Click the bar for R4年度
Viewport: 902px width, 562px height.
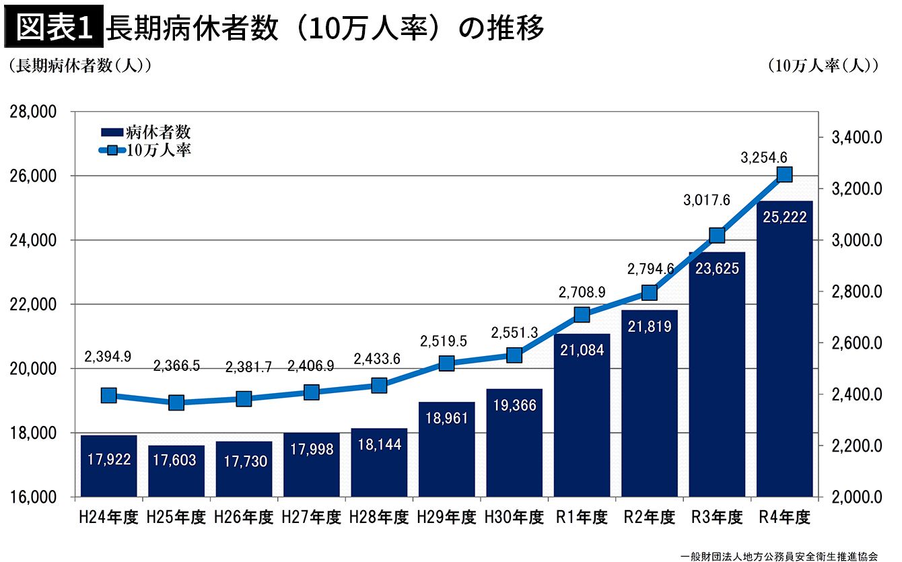pyautogui.click(x=784, y=349)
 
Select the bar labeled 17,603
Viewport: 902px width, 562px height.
pyautogui.click(x=176, y=471)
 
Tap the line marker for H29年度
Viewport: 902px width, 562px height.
pyautogui.click(x=446, y=363)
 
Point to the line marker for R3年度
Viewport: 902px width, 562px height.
pyautogui.click(x=717, y=235)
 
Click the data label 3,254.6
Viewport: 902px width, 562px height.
pyautogui.click(x=763, y=157)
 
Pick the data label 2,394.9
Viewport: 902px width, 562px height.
pyautogui.click(x=108, y=356)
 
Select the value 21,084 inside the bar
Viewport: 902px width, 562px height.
pyautogui.click(x=582, y=350)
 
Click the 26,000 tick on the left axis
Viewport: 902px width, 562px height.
pyautogui.click(x=33, y=176)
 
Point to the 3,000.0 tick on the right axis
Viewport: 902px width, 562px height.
pyautogui.click(x=857, y=240)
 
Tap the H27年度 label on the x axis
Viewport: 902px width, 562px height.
pyautogui.click(x=311, y=518)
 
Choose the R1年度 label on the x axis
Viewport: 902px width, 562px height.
pyautogui.click(x=582, y=518)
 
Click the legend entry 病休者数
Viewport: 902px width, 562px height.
pyautogui.click(x=145, y=132)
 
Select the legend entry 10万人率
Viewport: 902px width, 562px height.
pyautogui.click(x=145, y=150)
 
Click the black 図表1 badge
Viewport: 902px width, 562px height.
pyautogui.click(x=54, y=26)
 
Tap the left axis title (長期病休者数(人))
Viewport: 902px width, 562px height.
pyautogui.click(x=80, y=65)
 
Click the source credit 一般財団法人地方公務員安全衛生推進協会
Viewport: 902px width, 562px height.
pyautogui.click(x=779, y=557)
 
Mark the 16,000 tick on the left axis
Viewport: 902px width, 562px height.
pyautogui.click(x=33, y=497)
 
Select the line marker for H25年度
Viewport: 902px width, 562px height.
pyautogui.click(x=176, y=402)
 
